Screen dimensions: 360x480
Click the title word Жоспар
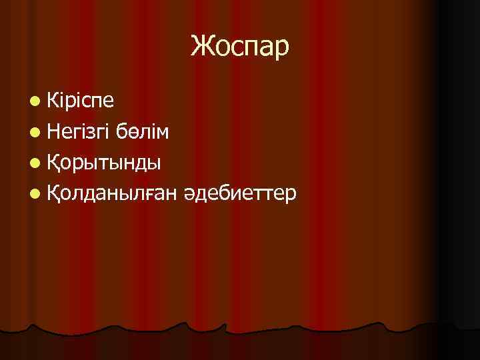click(x=240, y=47)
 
